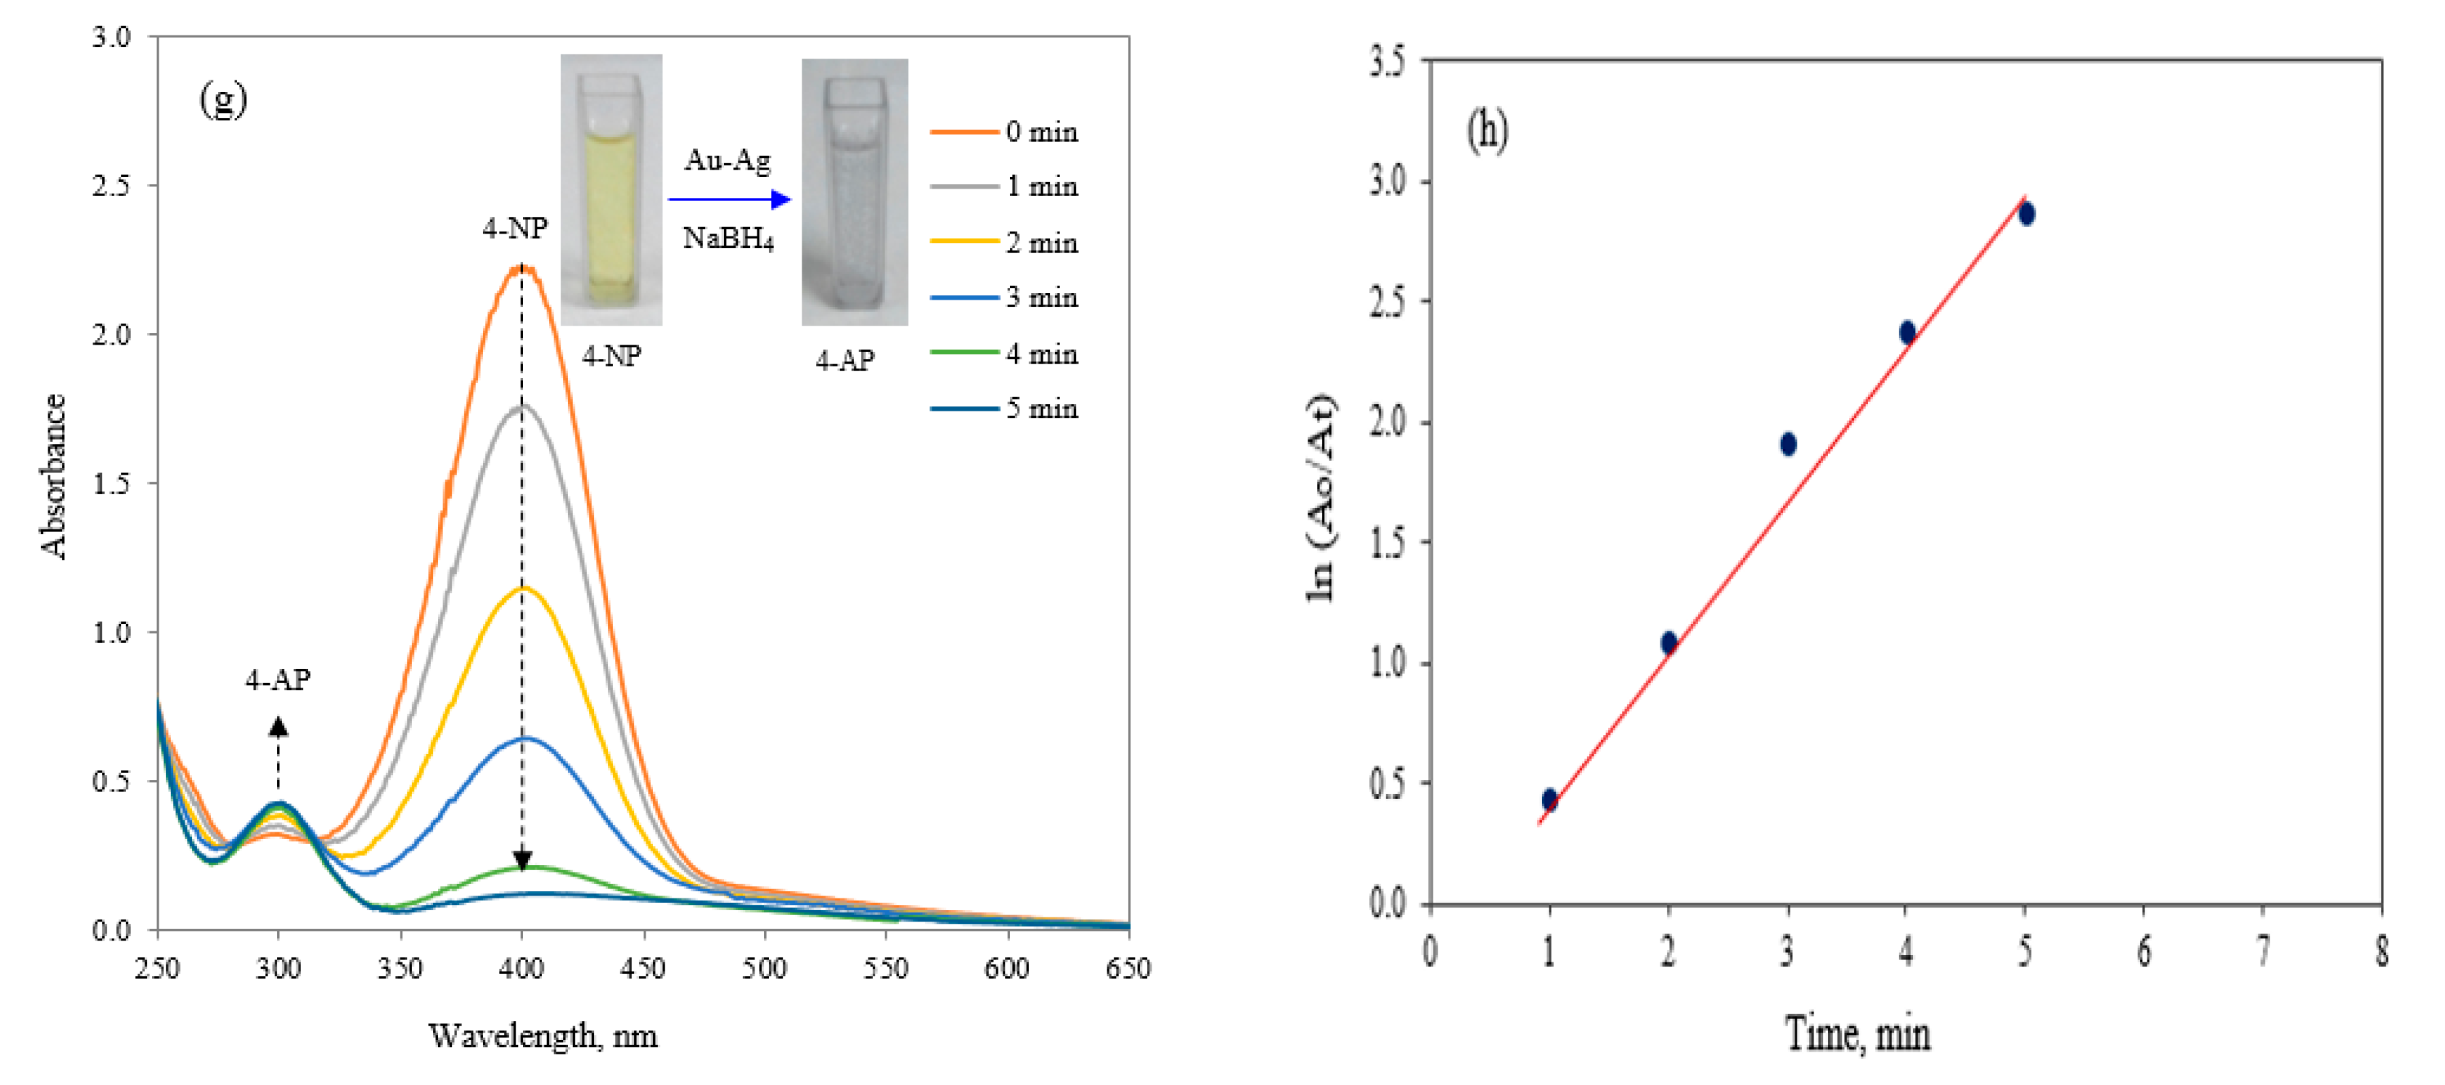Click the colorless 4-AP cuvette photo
click(x=854, y=193)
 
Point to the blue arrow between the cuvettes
click(x=729, y=200)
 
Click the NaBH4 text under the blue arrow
click(x=728, y=238)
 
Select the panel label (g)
click(x=223, y=99)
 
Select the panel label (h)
click(x=1487, y=130)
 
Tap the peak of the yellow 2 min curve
click(x=523, y=588)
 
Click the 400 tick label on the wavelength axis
click(x=521, y=969)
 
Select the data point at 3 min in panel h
click(x=1788, y=444)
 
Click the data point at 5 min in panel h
click(x=2026, y=215)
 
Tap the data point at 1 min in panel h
click(x=1550, y=799)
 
